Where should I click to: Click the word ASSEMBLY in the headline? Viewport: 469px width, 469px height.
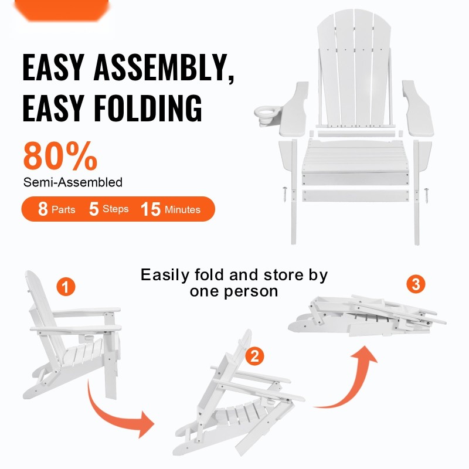tap(164, 67)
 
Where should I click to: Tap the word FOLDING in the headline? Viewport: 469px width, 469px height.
tap(148, 108)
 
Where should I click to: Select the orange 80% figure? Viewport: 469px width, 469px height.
tap(60, 155)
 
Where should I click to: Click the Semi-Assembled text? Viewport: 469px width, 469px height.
tap(73, 182)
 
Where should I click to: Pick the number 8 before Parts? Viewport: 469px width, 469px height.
tap(43, 209)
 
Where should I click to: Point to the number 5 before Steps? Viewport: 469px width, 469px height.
tap(94, 209)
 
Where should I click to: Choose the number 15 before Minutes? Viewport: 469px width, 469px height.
tap(151, 209)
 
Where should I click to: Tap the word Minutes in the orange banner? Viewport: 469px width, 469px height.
tap(182, 209)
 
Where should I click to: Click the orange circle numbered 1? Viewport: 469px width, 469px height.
tap(66, 287)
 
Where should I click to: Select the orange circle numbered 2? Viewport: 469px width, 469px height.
tap(254, 356)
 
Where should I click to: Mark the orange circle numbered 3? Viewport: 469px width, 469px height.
tap(416, 284)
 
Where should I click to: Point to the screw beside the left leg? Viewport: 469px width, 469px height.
tap(285, 194)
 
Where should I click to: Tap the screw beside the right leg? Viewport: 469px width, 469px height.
tap(426, 195)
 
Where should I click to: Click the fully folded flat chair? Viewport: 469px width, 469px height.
tap(367, 316)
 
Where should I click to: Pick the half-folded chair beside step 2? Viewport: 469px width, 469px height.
tap(239, 398)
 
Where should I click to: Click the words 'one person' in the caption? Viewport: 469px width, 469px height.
tap(234, 291)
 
